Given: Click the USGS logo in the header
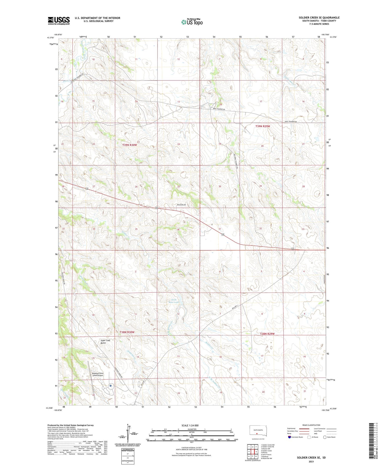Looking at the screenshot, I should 59,21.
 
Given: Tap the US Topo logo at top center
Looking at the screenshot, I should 192,22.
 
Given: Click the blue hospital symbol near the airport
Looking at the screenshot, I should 110,386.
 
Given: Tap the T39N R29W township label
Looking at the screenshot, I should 262,126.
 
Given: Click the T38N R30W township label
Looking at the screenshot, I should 127,332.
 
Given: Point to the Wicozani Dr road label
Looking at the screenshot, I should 181,205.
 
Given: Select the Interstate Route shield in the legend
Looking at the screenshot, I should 289,437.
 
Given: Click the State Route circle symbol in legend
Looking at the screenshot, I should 325,437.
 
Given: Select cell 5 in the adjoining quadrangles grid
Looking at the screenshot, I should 256,452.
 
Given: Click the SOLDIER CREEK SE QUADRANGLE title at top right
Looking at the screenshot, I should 319,18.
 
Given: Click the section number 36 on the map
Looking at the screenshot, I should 178,230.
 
